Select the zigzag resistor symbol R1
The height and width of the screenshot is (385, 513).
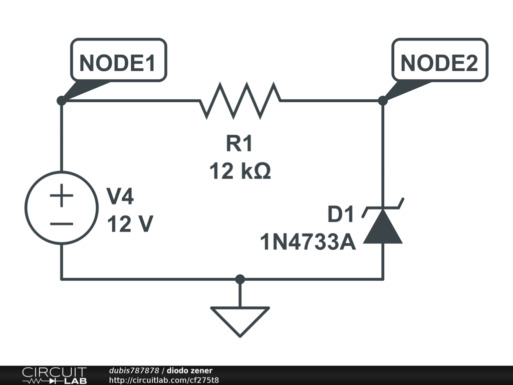click(240, 101)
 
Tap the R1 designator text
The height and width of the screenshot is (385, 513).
click(239, 144)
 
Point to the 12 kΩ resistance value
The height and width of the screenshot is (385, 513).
click(240, 171)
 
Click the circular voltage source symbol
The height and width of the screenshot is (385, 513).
click(61, 208)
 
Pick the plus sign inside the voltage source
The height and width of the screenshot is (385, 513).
click(61, 196)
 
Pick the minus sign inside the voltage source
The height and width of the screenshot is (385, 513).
click(61, 224)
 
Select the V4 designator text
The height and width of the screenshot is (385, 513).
click(121, 197)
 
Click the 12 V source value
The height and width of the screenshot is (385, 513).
click(130, 225)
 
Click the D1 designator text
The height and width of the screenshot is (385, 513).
click(341, 215)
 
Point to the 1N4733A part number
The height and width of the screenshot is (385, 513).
click(308, 243)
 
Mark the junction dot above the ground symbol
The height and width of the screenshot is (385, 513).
click(240, 279)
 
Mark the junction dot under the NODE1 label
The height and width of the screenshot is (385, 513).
click(61, 101)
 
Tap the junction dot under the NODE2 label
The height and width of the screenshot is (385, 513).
click(383, 101)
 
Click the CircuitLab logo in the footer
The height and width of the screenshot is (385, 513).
click(54, 375)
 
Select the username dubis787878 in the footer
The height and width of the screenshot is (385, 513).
click(134, 370)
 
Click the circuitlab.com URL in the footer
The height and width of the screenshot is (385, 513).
click(164, 379)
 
